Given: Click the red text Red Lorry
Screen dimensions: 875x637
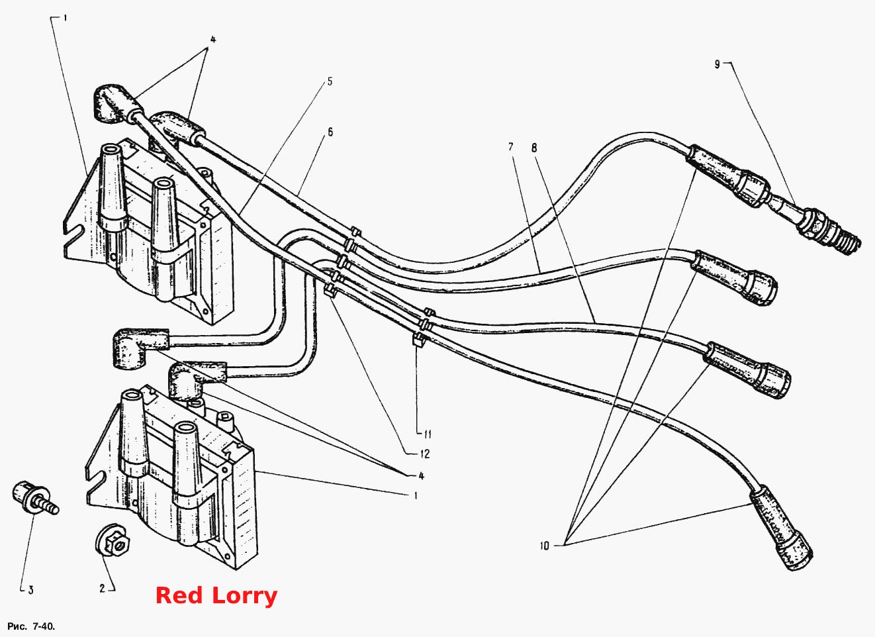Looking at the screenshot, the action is pos(216,595).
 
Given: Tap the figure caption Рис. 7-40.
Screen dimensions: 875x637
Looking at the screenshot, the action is pos(31,626).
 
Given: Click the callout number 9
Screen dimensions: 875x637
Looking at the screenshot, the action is pos(717,64).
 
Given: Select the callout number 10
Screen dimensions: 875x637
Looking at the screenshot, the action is pos(545,546).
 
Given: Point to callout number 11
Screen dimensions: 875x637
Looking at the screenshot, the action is pos(428,434).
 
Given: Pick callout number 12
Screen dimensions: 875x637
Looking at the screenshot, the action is pos(425,454).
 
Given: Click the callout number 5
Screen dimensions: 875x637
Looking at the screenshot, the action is pos(330,81).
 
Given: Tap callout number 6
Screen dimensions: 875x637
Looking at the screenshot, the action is pos(330,132).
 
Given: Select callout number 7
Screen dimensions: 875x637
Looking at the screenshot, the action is pos(511,147).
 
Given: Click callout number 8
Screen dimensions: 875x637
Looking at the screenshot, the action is pos(534,148).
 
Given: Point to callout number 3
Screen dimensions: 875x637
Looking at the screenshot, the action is pos(31,590).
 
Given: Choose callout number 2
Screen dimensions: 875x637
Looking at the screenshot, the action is pos(103,588).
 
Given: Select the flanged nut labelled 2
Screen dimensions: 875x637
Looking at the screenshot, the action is pos(113,540).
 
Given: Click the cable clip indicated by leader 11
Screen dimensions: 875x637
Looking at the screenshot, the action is pos(418,340).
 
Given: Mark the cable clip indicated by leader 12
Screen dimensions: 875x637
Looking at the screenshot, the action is pos(330,291).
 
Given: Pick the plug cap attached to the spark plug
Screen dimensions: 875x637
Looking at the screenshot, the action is pos(727,175).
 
